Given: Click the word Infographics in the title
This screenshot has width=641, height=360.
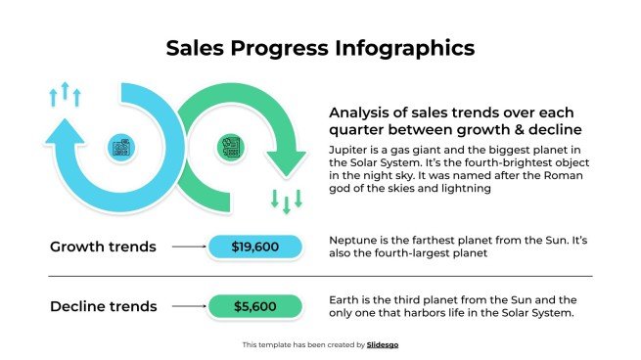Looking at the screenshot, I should point(401,47).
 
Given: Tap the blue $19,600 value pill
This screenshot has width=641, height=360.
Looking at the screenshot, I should point(255,247).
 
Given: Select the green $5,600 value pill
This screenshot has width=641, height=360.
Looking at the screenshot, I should point(255,307).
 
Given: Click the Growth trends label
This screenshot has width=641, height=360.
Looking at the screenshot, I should point(103,247).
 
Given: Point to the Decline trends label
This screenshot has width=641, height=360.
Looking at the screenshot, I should point(103,306).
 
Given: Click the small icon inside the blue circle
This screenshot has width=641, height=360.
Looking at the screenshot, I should point(122,149).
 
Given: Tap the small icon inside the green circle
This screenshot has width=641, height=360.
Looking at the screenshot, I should point(231,149).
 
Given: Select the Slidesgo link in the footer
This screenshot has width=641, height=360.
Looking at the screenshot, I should point(382,344).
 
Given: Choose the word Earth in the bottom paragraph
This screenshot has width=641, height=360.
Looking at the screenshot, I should point(345,299).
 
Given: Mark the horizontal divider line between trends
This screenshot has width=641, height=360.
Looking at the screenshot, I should point(320,277).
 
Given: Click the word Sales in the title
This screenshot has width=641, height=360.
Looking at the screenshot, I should point(196,47).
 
